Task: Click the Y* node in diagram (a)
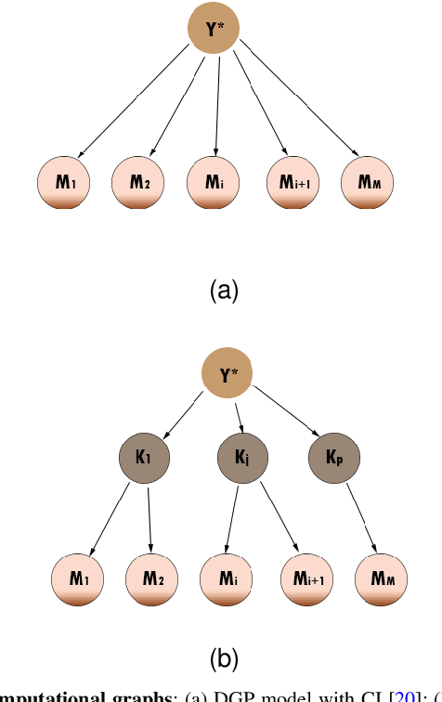(x=215, y=29)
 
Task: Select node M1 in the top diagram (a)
(x=64, y=182)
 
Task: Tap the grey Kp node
(x=332, y=458)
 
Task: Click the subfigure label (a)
(x=222, y=291)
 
